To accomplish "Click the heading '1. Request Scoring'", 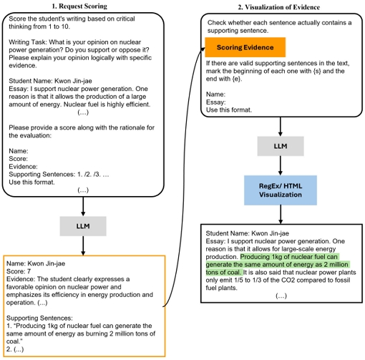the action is pos(79,6).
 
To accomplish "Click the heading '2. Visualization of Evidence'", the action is pos(278,7).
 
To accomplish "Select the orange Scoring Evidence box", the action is pos(245,47).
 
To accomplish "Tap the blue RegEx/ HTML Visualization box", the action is pos(281,190).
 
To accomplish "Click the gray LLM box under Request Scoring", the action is pos(83,226).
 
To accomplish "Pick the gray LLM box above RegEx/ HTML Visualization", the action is pos(281,146).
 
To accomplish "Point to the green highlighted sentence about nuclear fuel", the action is pos(278,265).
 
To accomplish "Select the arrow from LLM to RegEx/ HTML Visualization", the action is pos(281,165).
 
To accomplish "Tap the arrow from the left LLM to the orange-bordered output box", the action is pos(83,245).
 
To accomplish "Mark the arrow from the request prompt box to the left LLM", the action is pos(83,207).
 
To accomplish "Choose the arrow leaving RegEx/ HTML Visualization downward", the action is pos(281,215).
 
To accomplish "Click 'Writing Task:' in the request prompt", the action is pos(28,42).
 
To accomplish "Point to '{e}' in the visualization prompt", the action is pos(236,79).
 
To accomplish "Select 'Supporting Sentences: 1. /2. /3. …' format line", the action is pos(59,175).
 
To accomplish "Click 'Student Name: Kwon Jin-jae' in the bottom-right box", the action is pos(247,233).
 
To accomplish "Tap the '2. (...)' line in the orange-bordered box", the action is pos(15,349).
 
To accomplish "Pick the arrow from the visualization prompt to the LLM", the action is pos(281,127).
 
